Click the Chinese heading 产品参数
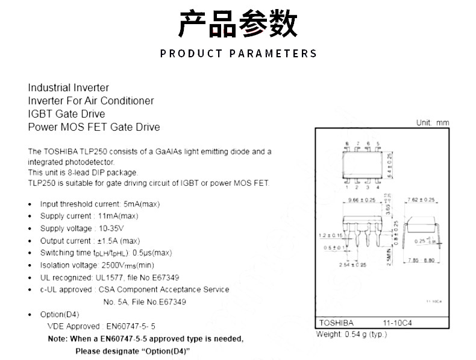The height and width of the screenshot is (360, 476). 237,24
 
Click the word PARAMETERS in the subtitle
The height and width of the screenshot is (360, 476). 273,54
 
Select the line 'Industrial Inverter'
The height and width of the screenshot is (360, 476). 68,87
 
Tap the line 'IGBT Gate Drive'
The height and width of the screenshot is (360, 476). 66,114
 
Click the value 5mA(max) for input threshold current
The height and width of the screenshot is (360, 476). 143,204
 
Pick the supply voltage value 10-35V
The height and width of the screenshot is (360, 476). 111,229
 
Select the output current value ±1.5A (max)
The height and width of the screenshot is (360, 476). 118,241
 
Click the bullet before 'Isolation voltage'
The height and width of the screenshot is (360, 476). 31,265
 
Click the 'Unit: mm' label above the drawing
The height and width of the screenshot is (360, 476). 433,123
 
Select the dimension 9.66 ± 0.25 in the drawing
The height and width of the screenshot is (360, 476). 362,200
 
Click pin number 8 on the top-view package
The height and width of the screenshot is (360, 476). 348,144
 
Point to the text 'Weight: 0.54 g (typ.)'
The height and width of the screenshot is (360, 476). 351,334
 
